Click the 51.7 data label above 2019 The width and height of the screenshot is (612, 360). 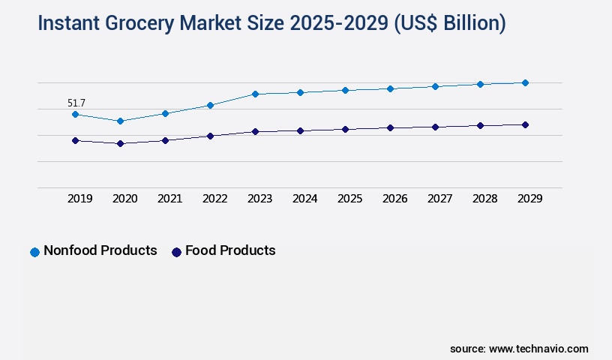[76, 102]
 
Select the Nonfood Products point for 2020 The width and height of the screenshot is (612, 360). [120, 121]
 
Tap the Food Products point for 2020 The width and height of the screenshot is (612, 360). [120, 143]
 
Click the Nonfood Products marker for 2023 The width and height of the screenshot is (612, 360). [255, 94]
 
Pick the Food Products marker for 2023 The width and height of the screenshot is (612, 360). [255, 132]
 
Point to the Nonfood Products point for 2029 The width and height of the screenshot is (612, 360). [525, 82]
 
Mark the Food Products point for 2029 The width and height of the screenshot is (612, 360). [525, 124]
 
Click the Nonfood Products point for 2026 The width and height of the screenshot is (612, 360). [390, 88]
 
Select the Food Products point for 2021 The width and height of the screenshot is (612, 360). [165, 140]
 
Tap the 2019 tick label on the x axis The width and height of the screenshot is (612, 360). [80, 199]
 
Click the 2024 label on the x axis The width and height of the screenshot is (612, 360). [305, 199]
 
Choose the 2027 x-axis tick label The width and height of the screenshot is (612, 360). [440, 199]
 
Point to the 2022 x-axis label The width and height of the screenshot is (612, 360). [215, 199]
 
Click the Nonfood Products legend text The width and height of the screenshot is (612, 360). [100, 250]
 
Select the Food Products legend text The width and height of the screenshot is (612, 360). [230, 250]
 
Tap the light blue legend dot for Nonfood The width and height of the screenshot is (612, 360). [34, 252]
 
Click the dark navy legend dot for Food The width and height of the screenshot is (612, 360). [176, 252]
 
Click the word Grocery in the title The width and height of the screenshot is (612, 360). [136, 24]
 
